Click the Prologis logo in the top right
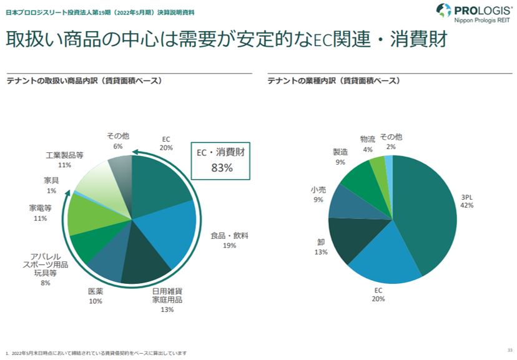click(474, 13)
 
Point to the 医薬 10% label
click(95, 296)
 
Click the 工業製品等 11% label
click(64, 160)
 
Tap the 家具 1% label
click(51, 185)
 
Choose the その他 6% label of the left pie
click(117, 141)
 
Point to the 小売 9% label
click(318, 195)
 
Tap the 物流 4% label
click(368, 144)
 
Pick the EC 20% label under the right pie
click(378, 294)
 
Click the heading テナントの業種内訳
click(333, 81)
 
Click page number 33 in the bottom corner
click(509, 349)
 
